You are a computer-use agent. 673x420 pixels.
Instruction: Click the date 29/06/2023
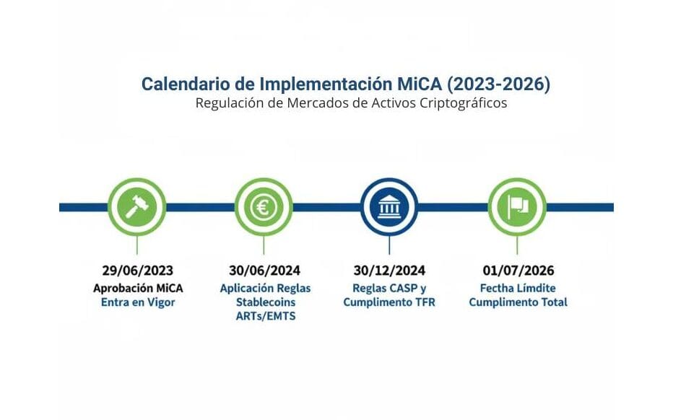tap(138, 271)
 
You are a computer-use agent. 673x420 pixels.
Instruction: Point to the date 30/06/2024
tap(265, 271)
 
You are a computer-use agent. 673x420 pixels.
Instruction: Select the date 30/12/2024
tap(389, 271)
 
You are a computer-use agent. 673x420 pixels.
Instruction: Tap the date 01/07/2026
tap(518, 271)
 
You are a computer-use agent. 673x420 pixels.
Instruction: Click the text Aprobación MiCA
tap(138, 288)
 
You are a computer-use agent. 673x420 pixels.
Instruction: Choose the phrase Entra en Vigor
tap(138, 302)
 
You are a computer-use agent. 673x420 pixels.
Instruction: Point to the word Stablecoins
tap(265, 302)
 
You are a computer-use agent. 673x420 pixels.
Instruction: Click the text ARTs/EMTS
tap(265, 316)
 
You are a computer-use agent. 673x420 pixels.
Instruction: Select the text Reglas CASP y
tap(389, 288)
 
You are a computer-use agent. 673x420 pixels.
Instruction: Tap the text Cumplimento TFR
tap(389, 302)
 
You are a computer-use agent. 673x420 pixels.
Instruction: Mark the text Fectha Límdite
tap(518, 288)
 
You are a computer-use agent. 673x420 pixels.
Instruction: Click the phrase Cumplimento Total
tap(518, 302)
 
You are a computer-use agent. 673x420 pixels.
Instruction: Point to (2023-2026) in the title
tap(498, 84)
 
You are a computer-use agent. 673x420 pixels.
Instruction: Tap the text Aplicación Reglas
tap(265, 288)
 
